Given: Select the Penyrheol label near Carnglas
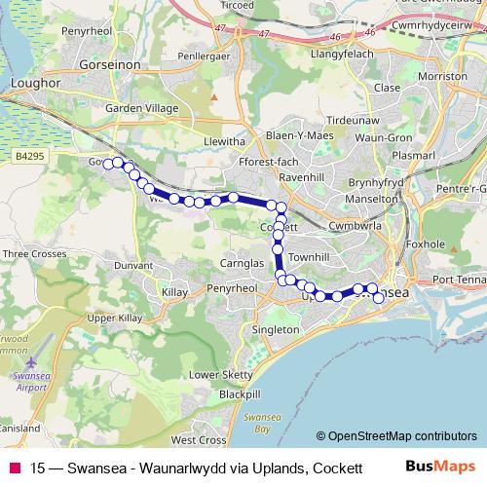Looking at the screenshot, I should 231,289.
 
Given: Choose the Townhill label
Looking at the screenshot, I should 310,255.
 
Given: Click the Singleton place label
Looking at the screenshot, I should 276,330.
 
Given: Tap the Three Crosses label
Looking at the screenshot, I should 34,254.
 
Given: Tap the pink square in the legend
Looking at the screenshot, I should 15,468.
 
